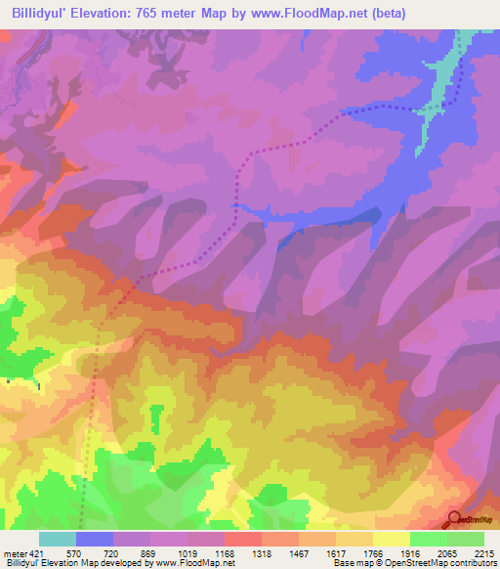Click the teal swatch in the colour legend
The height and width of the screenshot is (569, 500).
pos(58,539)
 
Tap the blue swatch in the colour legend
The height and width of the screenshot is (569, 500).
pos(95,539)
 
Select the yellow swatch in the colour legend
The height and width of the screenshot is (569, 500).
pos(391,539)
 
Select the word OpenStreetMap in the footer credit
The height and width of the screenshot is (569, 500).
pos(392,563)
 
